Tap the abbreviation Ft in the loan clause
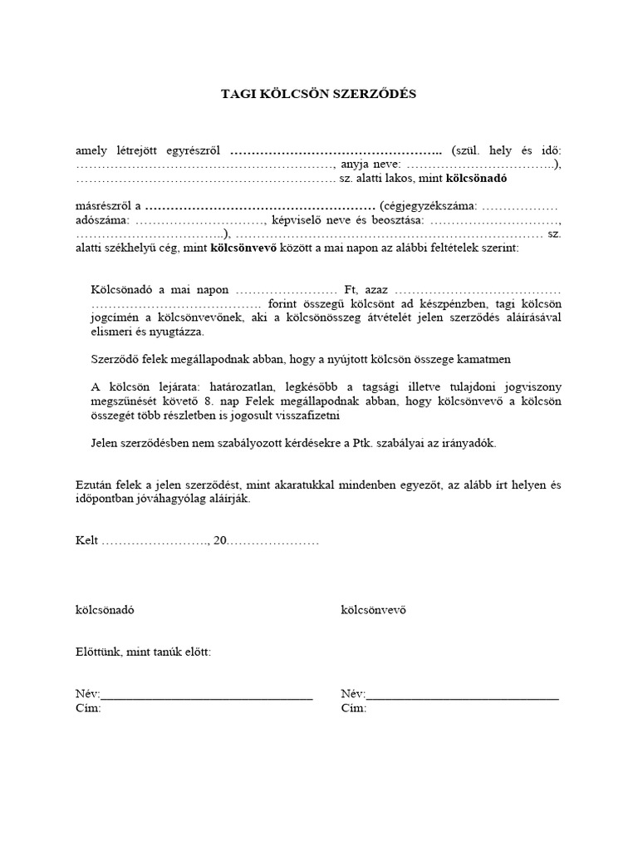(350, 290)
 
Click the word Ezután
(93, 485)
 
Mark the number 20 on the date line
(220, 540)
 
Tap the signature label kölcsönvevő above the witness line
(373, 610)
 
